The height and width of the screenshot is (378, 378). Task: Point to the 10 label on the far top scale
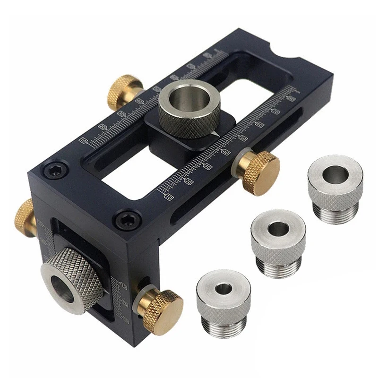click(84, 141)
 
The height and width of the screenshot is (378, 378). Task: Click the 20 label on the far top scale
click(102, 127)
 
